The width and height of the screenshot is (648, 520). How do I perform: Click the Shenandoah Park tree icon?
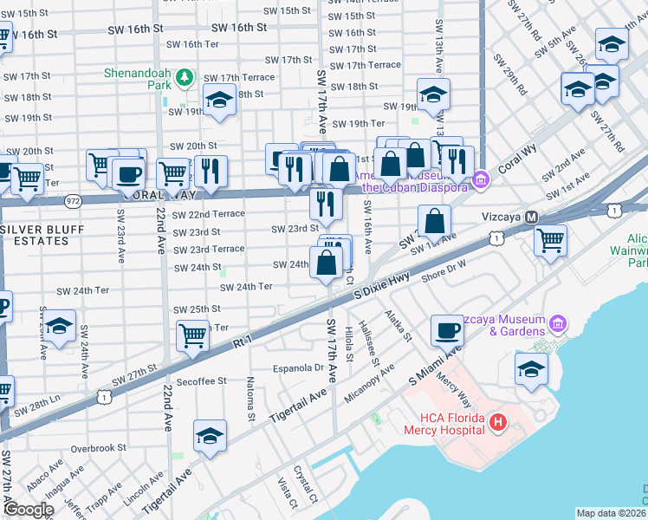point(184,79)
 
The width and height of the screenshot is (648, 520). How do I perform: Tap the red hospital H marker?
point(498,422)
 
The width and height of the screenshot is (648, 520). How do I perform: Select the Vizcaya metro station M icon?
point(532,217)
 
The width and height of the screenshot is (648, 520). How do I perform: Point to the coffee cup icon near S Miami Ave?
point(448,330)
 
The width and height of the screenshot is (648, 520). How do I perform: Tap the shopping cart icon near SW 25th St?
point(192,335)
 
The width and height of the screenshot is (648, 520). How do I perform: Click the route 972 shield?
point(72,200)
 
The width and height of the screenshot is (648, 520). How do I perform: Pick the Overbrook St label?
point(100,448)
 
